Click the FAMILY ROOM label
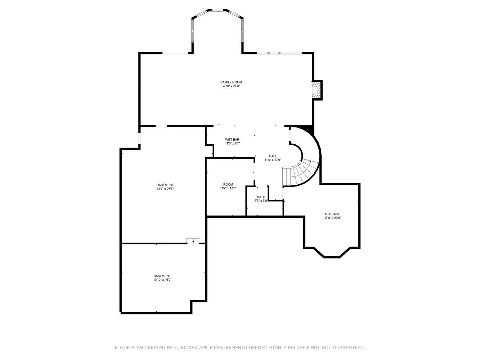(x=231, y=82)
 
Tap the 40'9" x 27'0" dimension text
(x=231, y=86)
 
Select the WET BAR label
(x=232, y=139)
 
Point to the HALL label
(x=273, y=156)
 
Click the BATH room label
(x=261, y=197)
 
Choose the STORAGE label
(x=332, y=214)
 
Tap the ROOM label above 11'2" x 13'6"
(x=228, y=184)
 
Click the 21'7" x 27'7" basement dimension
(x=165, y=189)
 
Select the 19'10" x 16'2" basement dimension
(x=162, y=280)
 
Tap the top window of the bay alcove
(x=217, y=10)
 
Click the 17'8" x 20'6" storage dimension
(x=332, y=218)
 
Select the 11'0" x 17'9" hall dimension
(x=273, y=160)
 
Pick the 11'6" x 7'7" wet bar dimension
(x=232, y=143)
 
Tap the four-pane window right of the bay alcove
(x=279, y=53)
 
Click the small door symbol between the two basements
(x=193, y=240)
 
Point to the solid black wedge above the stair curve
(x=308, y=129)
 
